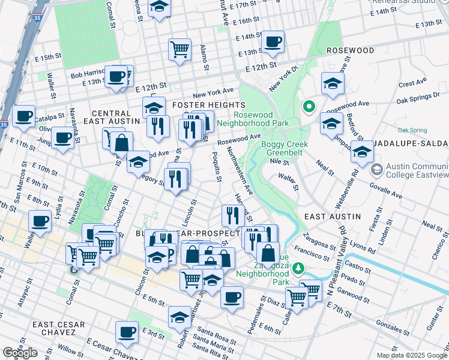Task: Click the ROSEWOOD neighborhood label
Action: pos(349,51)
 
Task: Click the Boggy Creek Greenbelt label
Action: pos(285,148)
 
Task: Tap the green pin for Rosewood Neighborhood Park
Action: pos(309,107)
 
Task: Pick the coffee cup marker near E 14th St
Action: pos(273,42)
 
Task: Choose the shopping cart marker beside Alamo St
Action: pos(179,49)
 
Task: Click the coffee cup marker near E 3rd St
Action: pos(127,331)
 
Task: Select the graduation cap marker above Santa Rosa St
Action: pos(179,317)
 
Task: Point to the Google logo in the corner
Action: pos(20,353)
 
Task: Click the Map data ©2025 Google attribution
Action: pos(411,355)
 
